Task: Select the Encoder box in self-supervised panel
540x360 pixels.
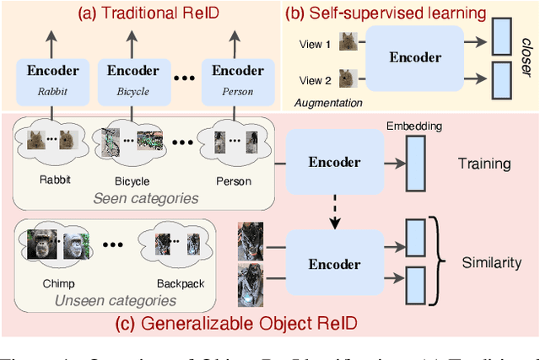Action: point(415,58)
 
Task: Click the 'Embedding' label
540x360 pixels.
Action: point(413,126)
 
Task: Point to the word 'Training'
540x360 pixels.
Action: point(483,164)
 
